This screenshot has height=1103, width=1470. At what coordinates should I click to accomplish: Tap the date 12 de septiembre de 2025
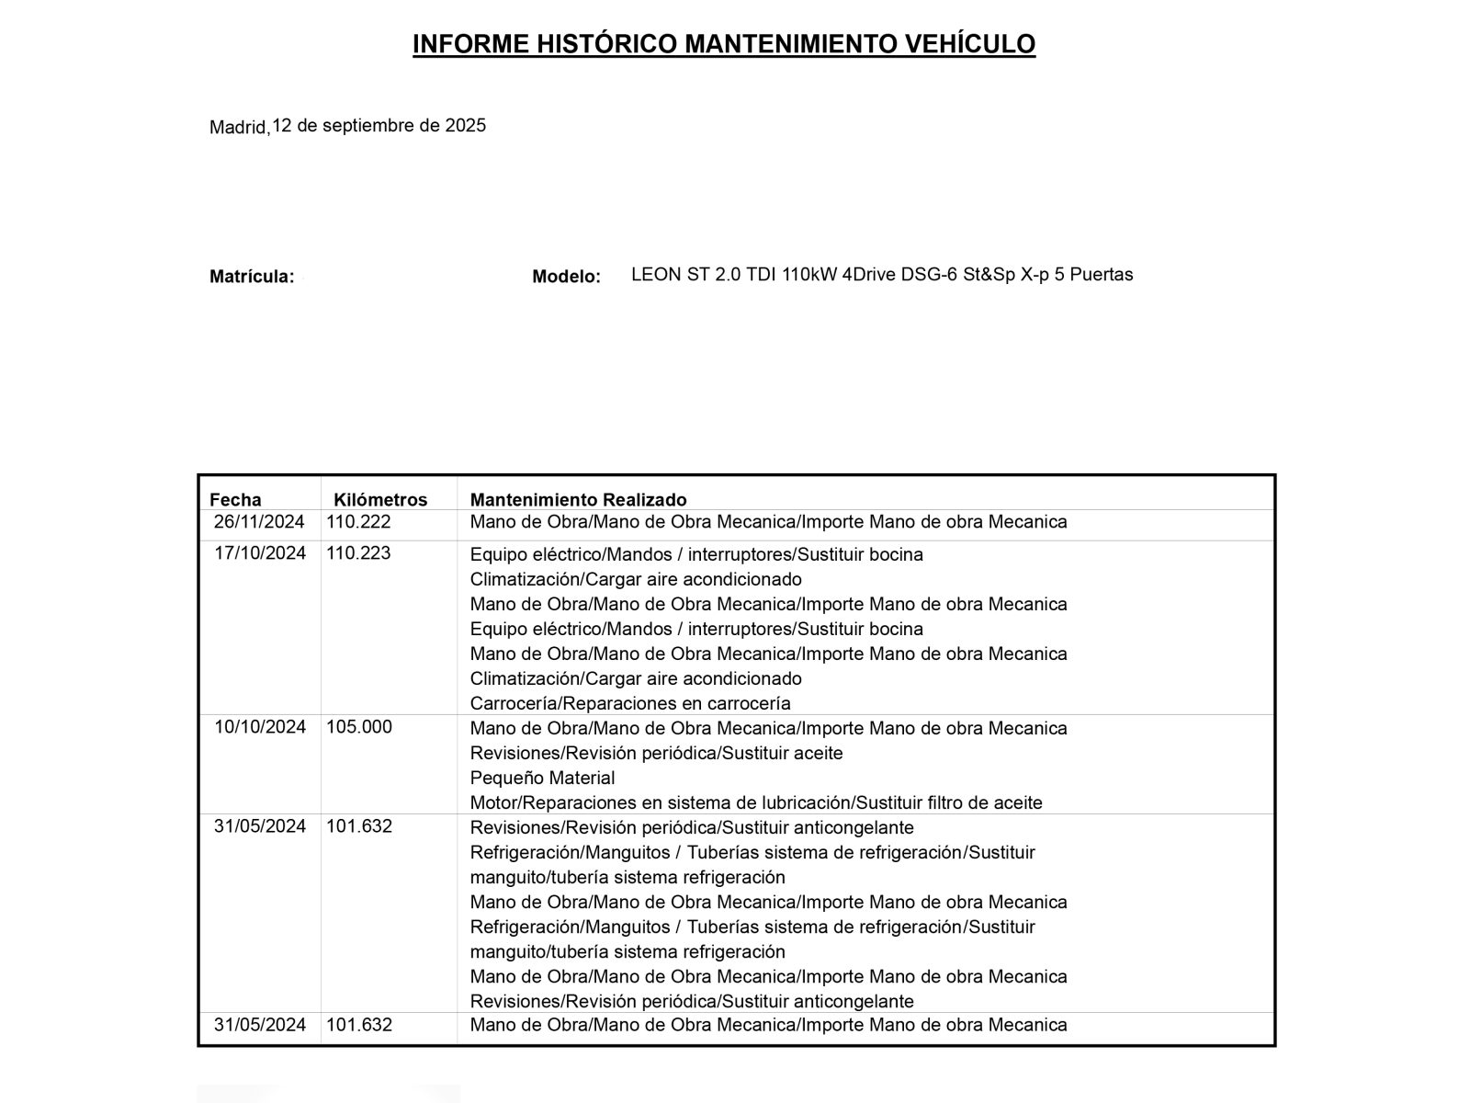pyautogui.click(x=379, y=126)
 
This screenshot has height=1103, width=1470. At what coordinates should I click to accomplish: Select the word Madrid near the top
pyautogui.click(x=238, y=128)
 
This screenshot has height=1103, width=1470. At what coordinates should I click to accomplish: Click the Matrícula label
pyautogui.click(x=252, y=277)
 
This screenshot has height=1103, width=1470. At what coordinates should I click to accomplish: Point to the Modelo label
pyautogui.click(x=566, y=277)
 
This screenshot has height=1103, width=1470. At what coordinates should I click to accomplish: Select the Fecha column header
pyautogui.click(x=235, y=500)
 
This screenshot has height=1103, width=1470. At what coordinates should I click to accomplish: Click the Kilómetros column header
pyautogui.click(x=380, y=500)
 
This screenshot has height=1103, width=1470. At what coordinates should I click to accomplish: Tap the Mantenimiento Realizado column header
pyautogui.click(x=578, y=500)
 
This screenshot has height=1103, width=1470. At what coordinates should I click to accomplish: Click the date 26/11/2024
pyautogui.click(x=259, y=522)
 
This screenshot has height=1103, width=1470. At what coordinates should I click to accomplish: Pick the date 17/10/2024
pyautogui.click(x=260, y=553)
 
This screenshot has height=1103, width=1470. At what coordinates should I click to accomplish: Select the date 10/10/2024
pyautogui.click(x=260, y=727)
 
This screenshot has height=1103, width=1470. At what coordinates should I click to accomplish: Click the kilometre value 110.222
pyautogui.click(x=358, y=522)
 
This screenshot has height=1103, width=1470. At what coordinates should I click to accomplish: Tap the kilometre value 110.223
pyautogui.click(x=358, y=553)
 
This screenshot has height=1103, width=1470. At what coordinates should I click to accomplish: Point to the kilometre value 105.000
pyautogui.click(x=359, y=727)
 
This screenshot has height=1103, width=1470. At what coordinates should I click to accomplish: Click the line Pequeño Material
pyautogui.click(x=542, y=779)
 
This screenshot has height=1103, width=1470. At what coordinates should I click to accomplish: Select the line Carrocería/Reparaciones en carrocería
pyautogui.click(x=630, y=704)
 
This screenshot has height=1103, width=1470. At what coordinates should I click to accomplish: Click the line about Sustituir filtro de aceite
pyautogui.click(x=756, y=803)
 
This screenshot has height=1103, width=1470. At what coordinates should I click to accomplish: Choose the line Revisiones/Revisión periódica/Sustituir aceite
pyautogui.click(x=656, y=754)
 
